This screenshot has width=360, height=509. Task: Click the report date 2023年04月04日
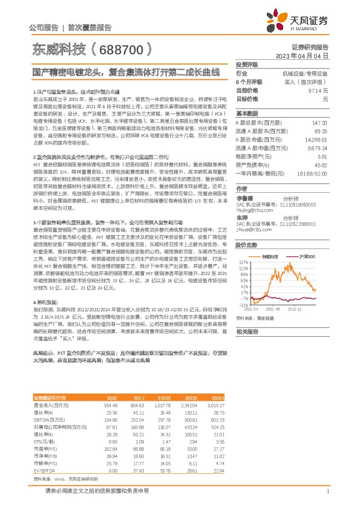[302, 55]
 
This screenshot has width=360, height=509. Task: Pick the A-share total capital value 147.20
[319, 122]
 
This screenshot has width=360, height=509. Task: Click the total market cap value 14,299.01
[315, 139]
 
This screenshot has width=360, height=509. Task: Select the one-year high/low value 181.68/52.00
[310, 173]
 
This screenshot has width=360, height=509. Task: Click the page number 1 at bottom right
[327, 491]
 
